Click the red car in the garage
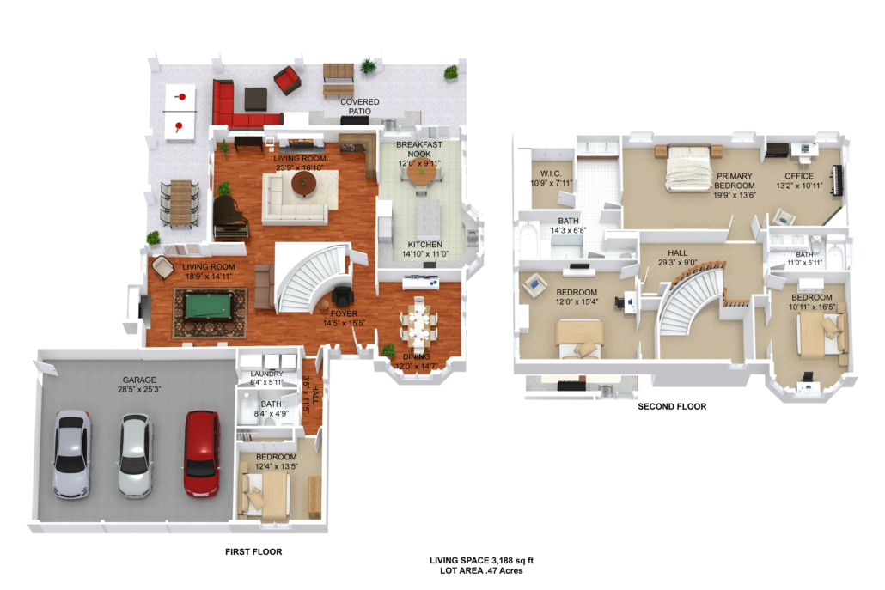(x=202, y=453)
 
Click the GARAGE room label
(x=139, y=380)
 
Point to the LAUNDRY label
(x=267, y=374)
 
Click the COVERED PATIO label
(x=359, y=106)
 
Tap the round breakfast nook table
(x=422, y=173)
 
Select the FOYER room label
(x=344, y=313)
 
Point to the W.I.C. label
(x=551, y=173)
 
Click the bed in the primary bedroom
(x=688, y=167)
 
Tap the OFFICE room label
(x=799, y=176)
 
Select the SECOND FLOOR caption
(x=672, y=406)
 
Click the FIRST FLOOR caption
(x=253, y=551)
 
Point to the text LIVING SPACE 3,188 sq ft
(x=481, y=560)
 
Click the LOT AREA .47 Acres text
(x=481, y=570)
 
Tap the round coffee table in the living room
(x=303, y=183)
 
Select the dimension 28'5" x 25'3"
(x=139, y=389)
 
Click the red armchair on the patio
(x=287, y=81)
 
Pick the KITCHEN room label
(x=425, y=244)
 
